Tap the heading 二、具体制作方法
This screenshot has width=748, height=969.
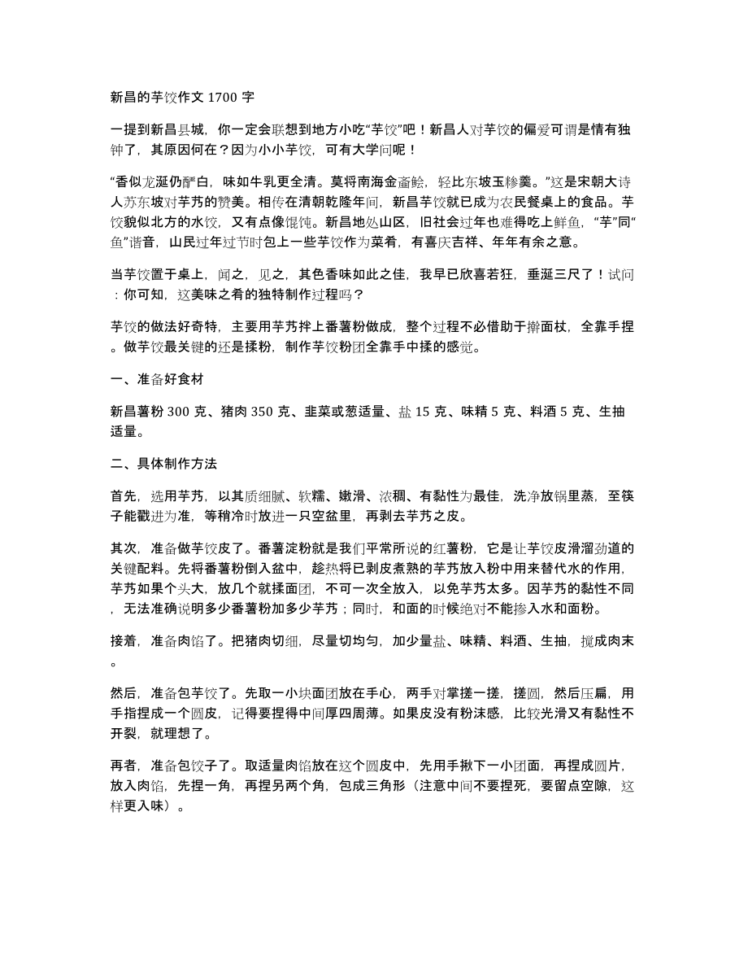point(163,464)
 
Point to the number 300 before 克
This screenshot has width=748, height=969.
point(180,413)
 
